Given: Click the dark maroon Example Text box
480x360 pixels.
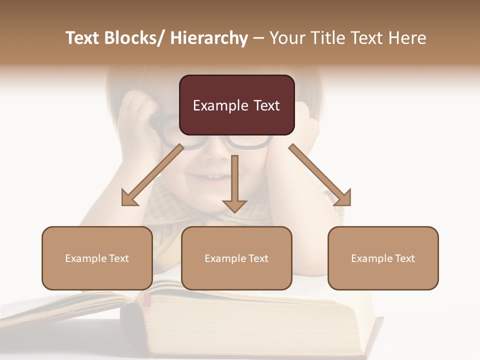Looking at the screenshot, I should click(x=236, y=105).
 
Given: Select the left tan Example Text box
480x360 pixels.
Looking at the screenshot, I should click(x=97, y=258).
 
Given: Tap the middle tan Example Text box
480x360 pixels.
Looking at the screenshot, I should click(x=236, y=258).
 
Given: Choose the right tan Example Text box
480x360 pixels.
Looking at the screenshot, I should click(x=383, y=258).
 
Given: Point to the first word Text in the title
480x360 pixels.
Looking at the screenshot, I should click(x=82, y=38).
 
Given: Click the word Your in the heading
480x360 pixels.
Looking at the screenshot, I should click(x=286, y=38).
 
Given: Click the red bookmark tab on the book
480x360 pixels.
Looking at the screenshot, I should click(x=146, y=300).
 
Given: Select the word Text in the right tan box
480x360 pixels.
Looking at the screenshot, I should click(x=404, y=258).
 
